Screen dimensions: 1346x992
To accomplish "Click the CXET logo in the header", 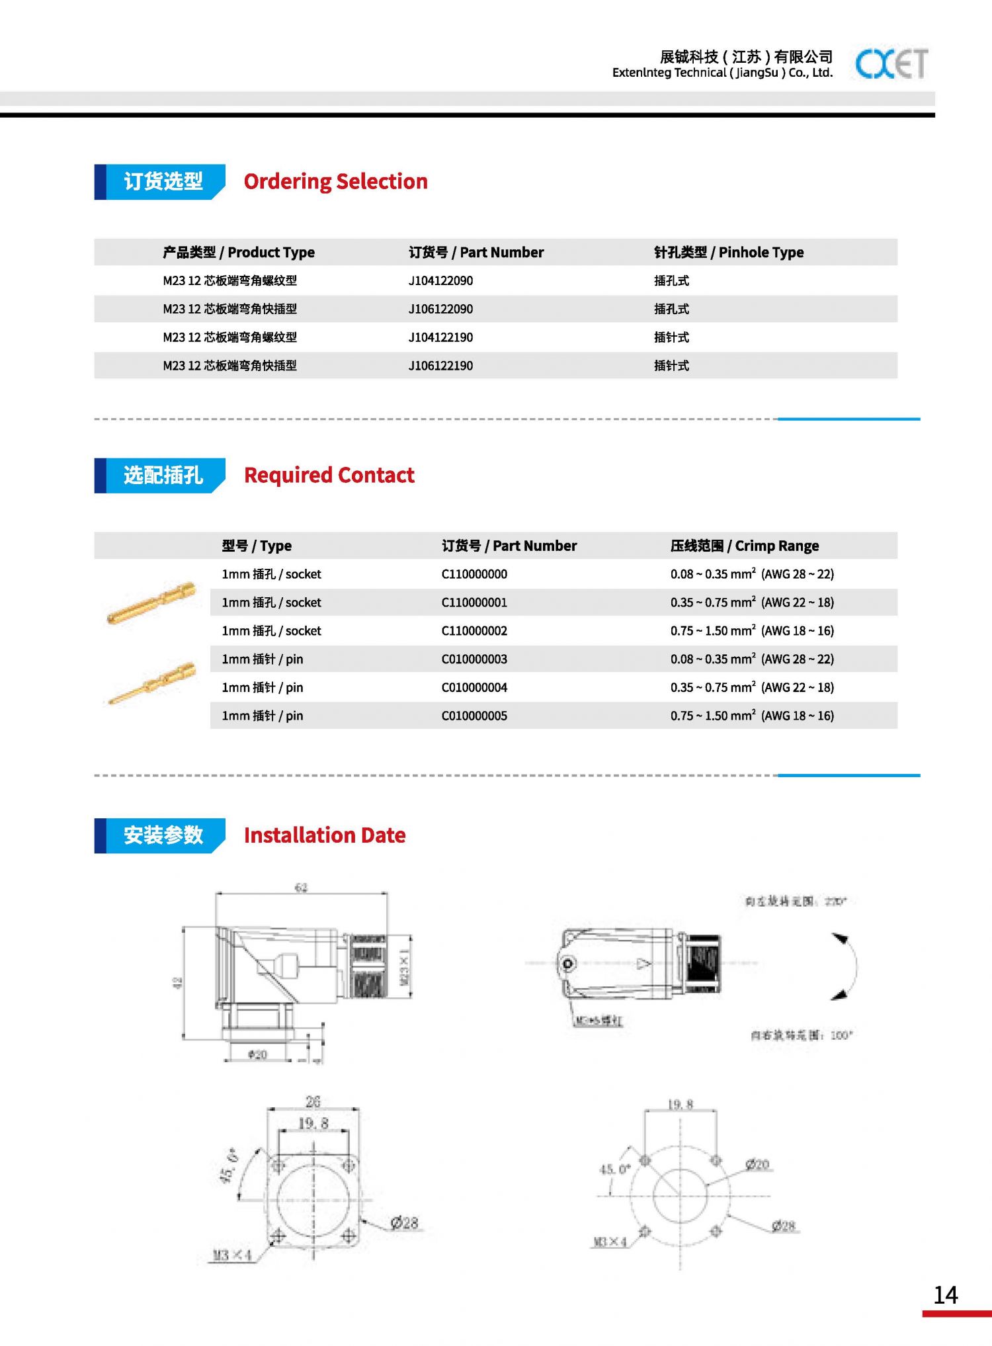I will (x=891, y=64).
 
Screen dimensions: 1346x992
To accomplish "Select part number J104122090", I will (x=440, y=280).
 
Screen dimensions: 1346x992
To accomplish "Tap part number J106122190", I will (x=440, y=366).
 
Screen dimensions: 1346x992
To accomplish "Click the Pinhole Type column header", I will (x=729, y=252).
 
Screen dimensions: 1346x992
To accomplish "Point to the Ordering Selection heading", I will (x=335, y=181).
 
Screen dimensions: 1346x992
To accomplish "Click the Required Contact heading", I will (x=329, y=475).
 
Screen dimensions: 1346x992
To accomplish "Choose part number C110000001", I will (x=474, y=603).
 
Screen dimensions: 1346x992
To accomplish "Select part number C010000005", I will (x=474, y=716).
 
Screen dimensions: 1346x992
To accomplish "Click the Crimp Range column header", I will (x=744, y=546).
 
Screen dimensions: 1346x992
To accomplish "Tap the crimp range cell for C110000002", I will (x=752, y=631).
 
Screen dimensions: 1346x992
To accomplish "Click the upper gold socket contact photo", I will (x=151, y=603).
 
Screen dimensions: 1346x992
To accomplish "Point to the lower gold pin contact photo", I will (x=152, y=683).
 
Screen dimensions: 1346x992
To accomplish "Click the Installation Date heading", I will (x=324, y=835).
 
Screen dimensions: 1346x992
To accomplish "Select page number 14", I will (x=946, y=1295).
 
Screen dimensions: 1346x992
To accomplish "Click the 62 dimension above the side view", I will (x=301, y=888).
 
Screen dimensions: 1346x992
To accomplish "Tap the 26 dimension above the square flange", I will (x=313, y=1101).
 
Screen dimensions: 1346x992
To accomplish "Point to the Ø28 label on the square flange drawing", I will (x=404, y=1223).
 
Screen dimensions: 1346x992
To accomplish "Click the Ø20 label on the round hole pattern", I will (x=757, y=1164).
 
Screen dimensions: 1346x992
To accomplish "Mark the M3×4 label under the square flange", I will (x=232, y=1255).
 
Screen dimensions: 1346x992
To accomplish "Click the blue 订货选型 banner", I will (x=162, y=181).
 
